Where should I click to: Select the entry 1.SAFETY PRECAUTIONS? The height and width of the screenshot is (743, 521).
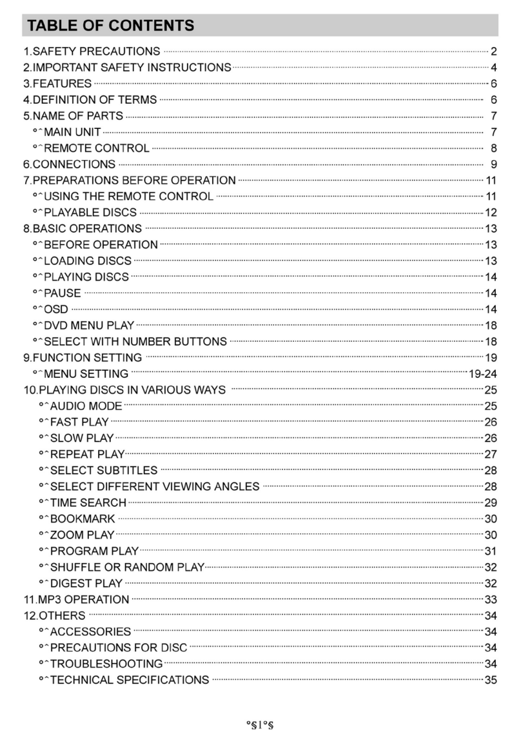92,51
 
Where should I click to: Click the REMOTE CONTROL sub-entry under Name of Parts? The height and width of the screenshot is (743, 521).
96,148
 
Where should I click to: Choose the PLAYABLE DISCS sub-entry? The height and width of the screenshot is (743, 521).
90,212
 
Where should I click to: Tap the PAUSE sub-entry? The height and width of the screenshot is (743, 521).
62,293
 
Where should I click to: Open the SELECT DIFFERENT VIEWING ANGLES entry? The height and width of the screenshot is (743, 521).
155,486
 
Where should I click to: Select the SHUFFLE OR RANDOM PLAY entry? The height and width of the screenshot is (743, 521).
127,567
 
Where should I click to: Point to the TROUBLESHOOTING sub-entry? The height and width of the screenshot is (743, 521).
106,664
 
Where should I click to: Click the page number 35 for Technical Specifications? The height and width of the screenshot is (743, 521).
490,680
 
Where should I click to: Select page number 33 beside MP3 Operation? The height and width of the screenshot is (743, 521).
490,599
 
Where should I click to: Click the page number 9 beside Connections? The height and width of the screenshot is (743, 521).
493,164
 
